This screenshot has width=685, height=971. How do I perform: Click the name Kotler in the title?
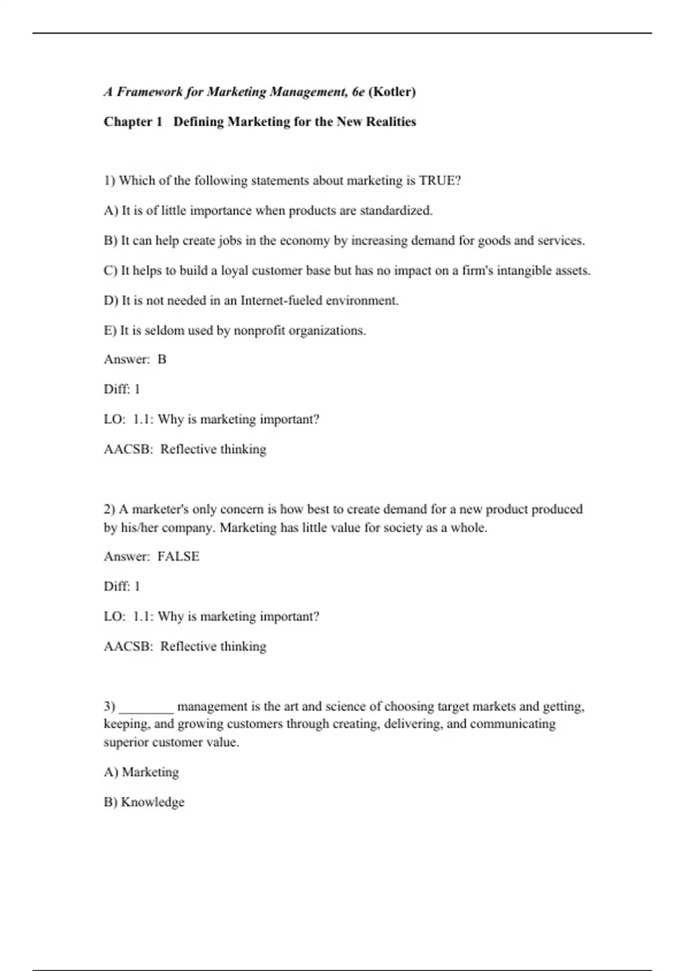[392, 92]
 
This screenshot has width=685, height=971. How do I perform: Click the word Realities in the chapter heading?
[390, 122]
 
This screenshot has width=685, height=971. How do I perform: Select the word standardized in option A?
[396, 211]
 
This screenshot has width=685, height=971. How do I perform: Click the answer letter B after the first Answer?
[162, 359]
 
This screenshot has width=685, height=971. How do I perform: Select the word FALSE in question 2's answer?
[178, 556]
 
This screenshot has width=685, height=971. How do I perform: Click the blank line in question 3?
[146, 707]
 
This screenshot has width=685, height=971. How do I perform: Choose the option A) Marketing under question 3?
[142, 772]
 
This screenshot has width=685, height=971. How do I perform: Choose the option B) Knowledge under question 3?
[144, 802]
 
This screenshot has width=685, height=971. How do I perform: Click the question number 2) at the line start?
[110, 509]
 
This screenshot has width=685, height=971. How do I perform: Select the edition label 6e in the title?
[358, 92]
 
